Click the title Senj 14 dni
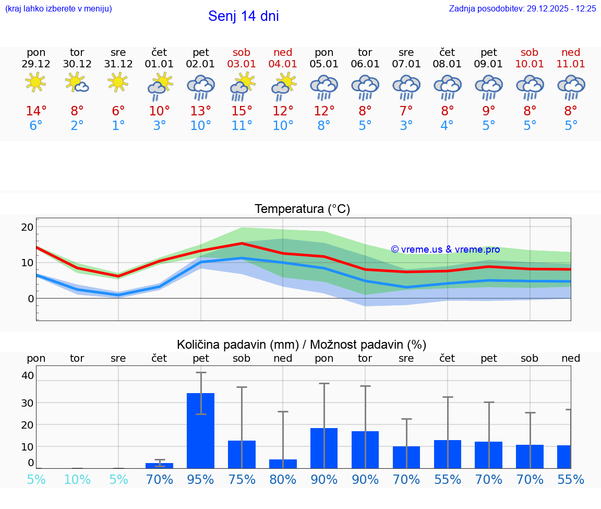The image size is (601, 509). click(x=243, y=16)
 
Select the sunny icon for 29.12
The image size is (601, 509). click(x=35, y=82)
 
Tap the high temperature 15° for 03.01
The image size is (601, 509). click(x=242, y=111)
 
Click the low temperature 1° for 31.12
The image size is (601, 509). click(x=118, y=126)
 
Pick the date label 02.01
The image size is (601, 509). click(x=201, y=64)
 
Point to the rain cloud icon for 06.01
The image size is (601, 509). click(x=365, y=87)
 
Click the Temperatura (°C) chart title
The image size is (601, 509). click(x=302, y=209)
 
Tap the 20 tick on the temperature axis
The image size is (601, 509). click(x=27, y=227)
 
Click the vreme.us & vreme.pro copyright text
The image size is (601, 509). click(x=446, y=250)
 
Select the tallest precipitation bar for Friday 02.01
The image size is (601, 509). click(x=201, y=430)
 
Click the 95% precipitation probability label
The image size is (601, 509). click(x=201, y=480)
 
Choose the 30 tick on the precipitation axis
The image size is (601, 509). click(x=27, y=403)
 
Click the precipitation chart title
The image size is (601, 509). click(x=302, y=345)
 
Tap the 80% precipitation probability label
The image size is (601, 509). click(x=283, y=480)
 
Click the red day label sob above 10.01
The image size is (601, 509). click(x=530, y=52)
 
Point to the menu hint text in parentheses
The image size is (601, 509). click(x=58, y=9)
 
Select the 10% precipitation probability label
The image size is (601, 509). click(x=77, y=480)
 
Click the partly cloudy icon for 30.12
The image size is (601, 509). click(x=77, y=82)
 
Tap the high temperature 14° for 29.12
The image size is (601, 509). click(x=36, y=111)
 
